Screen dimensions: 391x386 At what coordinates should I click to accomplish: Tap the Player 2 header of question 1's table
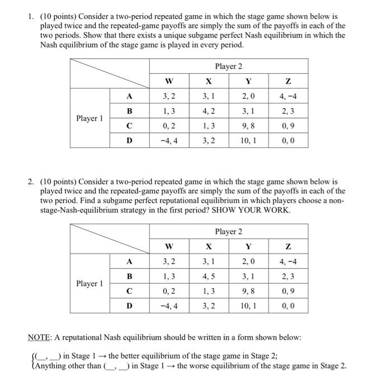228,66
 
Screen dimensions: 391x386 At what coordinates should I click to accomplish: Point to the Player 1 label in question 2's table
90,284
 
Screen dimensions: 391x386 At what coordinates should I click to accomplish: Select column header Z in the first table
288,82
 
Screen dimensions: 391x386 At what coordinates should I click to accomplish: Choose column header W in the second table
170,246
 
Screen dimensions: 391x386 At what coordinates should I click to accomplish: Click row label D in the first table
129,141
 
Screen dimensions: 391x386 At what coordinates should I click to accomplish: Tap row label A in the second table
129,261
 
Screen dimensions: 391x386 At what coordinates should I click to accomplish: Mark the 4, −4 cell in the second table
288,261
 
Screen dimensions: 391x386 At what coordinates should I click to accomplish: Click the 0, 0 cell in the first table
288,141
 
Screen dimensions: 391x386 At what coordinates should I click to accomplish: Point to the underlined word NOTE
41,337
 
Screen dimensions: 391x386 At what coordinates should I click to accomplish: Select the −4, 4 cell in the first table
170,141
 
